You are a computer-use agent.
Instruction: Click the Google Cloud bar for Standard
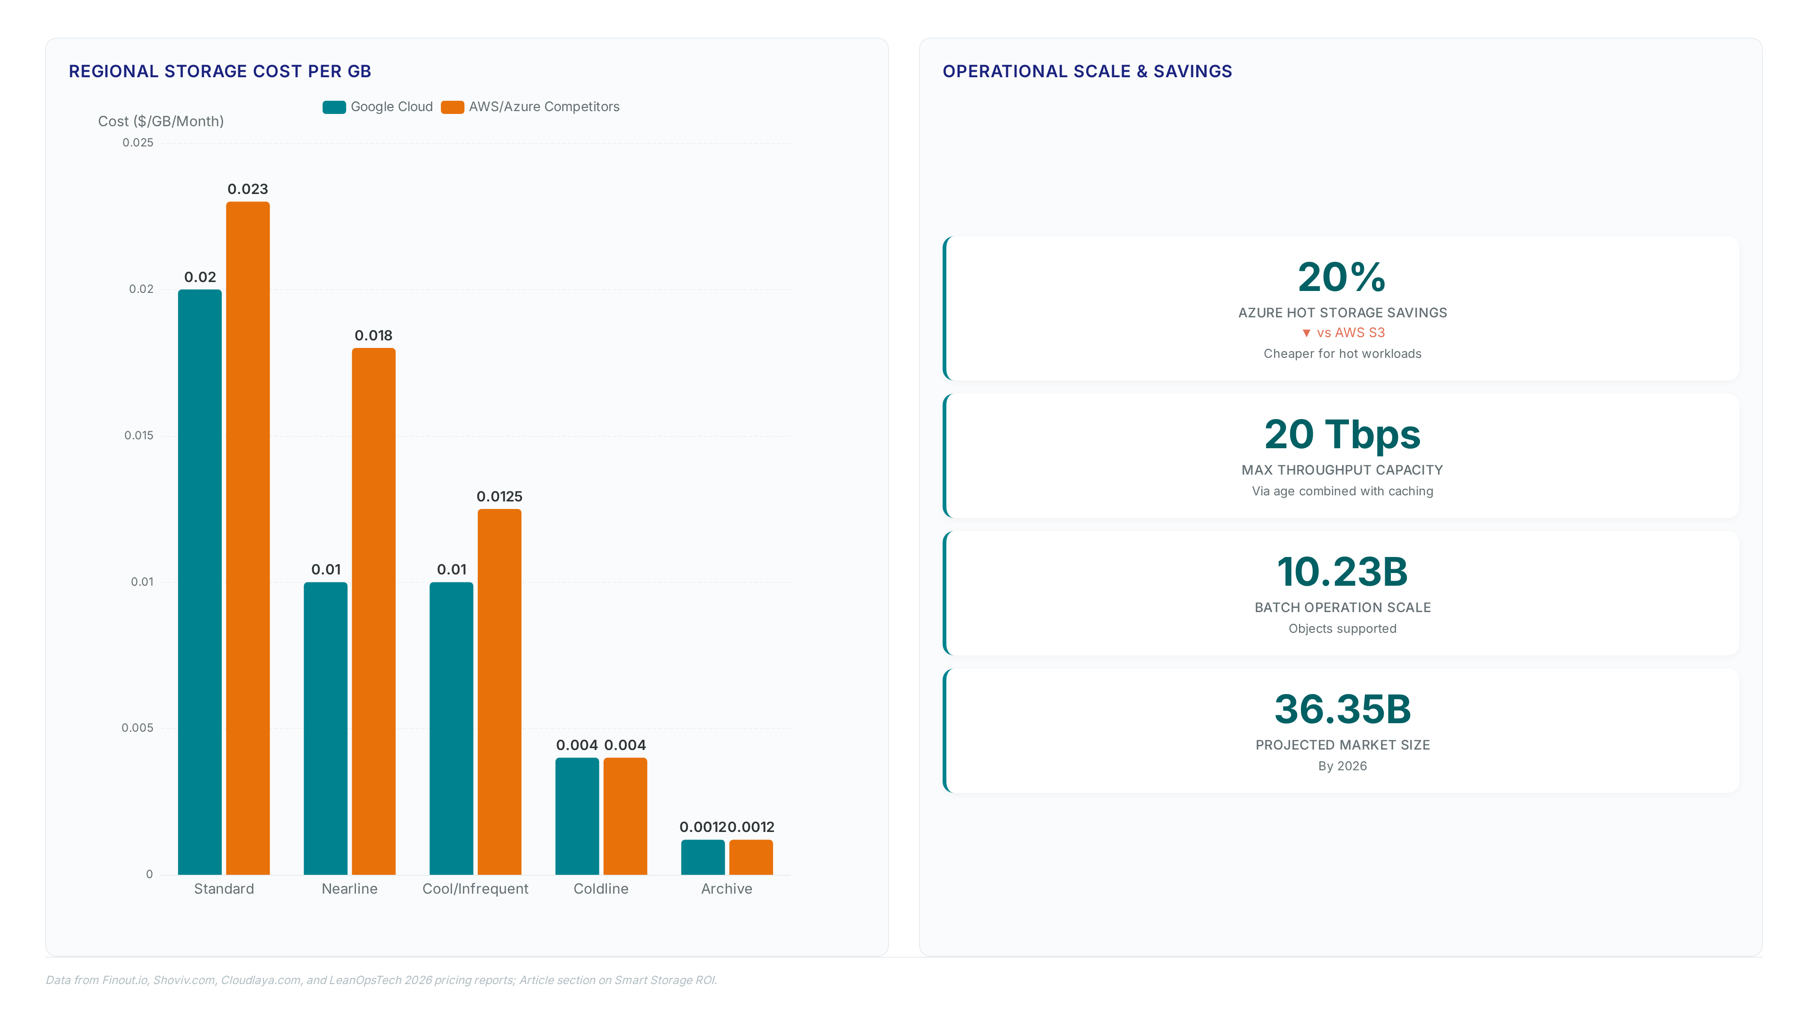pyautogui.click(x=200, y=582)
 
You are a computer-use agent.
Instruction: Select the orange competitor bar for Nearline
pyautogui.click(x=373, y=611)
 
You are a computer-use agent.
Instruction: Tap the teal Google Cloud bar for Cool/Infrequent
pyautogui.click(x=452, y=728)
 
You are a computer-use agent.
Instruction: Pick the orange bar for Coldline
pyautogui.click(x=625, y=816)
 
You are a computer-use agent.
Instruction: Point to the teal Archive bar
pyautogui.click(x=702, y=857)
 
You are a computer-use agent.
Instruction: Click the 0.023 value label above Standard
pyautogui.click(x=248, y=189)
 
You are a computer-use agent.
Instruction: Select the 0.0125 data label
pyautogui.click(x=500, y=496)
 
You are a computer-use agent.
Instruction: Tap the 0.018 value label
pyautogui.click(x=373, y=336)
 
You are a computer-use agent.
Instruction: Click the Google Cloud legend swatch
pyautogui.click(x=334, y=107)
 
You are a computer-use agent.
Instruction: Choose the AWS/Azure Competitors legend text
pyautogui.click(x=544, y=107)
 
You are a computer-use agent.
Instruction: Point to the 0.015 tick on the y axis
pyautogui.click(x=139, y=435)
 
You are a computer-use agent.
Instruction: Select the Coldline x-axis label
pyautogui.click(x=601, y=888)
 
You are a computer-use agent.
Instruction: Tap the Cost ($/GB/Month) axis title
pyautogui.click(x=161, y=121)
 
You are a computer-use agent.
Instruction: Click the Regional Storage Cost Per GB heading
pyautogui.click(x=220, y=72)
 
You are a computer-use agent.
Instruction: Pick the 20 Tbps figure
pyautogui.click(x=1342, y=435)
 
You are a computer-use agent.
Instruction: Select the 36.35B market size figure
pyautogui.click(x=1342, y=709)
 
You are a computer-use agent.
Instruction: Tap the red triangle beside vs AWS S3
pyautogui.click(x=1306, y=333)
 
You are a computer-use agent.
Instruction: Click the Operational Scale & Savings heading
pyautogui.click(x=1087, y=72)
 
